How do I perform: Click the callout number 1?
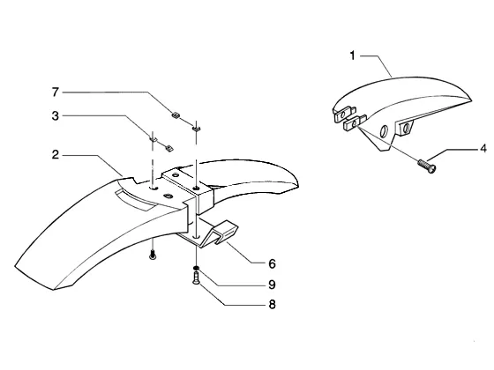[352, 56]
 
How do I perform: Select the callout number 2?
[56, 155]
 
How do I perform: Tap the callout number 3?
[56, 115]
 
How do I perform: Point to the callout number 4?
[483, 148]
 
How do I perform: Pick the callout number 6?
[273, 263]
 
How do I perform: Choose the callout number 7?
[56, 92]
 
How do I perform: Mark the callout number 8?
[273, 305]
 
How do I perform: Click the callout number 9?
[273, 285]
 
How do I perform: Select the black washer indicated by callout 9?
[196, 268]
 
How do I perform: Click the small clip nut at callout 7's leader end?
[176, 115]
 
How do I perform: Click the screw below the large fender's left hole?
[153, 255]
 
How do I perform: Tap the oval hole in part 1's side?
[384, 131]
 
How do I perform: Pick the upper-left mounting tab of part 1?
[344, 114]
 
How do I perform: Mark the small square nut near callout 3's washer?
[169, 148]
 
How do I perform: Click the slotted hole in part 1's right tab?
[405, 128]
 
